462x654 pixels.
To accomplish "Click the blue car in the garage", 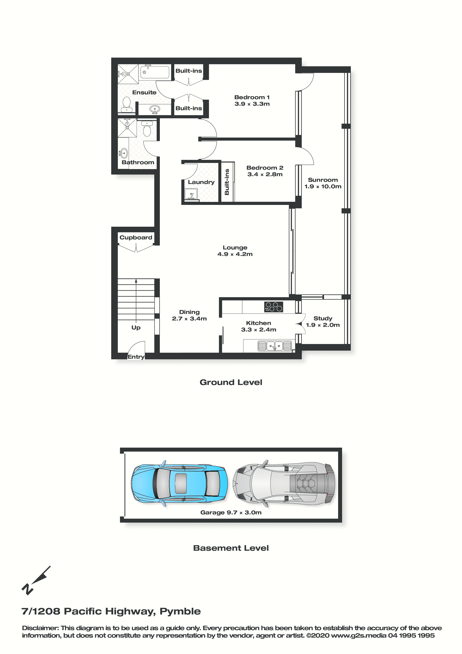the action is point(179,483).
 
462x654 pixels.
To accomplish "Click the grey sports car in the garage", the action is point(284,483).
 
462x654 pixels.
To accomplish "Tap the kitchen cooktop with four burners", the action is point(273,307).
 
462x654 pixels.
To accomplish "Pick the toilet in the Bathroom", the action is point(147,129).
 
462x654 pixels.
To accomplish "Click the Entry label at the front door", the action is point(136,357).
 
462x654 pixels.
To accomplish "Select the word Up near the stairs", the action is point(136,328).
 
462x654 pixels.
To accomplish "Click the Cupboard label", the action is point(136,238).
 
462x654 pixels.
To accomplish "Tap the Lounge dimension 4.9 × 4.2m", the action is point(235,254).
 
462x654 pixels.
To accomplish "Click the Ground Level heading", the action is point(231,382).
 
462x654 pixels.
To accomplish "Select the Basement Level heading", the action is point(231,548).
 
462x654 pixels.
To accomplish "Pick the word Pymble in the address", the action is point(180,611).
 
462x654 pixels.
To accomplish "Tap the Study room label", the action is point(323,318).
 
